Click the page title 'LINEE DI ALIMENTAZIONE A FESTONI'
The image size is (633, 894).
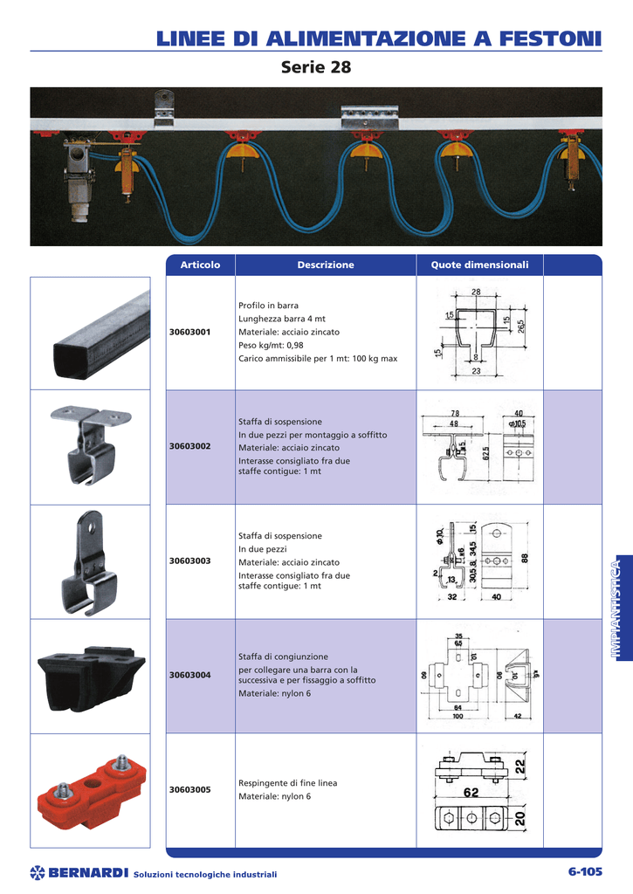(379, 38)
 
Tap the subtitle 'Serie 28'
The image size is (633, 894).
(316, 67)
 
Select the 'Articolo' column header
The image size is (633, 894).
(200, 265)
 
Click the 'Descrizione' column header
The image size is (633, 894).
(326, 265)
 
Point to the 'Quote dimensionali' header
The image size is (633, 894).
(479, 265)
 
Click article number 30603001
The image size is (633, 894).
(189, 332)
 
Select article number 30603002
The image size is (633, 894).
(189, 446)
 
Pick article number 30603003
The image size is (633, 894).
(189, 560)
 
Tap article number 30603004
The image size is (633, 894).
(189, 675)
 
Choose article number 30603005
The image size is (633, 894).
(189, 789)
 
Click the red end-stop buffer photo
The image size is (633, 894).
(91, 790)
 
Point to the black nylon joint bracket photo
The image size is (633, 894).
(91, 675)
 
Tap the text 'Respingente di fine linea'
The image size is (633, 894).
(287, 783)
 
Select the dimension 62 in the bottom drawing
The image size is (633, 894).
(471, 793)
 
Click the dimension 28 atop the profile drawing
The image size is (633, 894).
(476, 292)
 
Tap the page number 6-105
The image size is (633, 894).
(584, 871)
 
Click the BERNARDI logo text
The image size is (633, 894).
(88, 872)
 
